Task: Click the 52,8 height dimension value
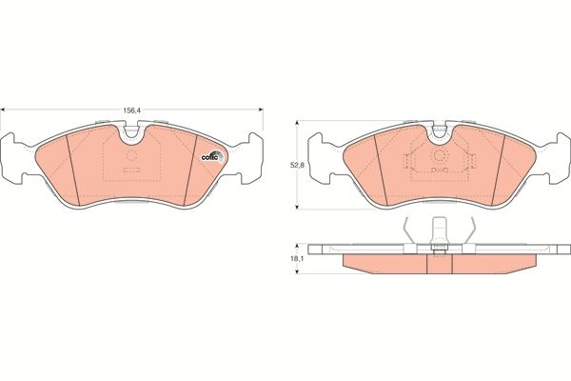point(295,165)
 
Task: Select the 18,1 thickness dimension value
point(295,258)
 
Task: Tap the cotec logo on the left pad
point(212,157)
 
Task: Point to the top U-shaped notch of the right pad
point(439,132)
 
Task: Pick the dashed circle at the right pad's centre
point(439,156)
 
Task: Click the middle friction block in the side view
point(439,264)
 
